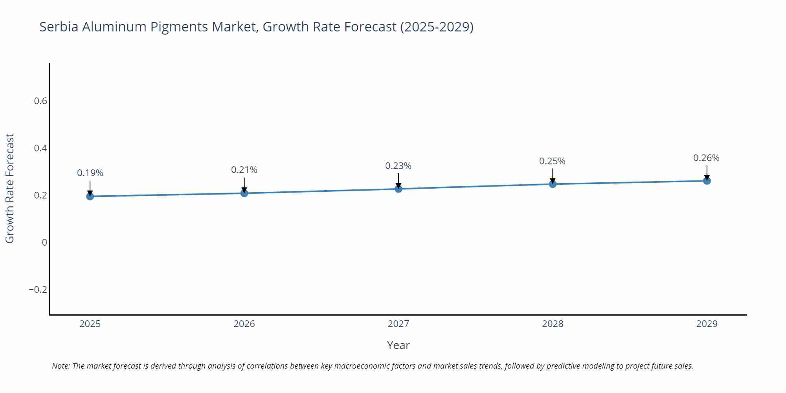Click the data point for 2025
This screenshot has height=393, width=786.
tap(90, 196)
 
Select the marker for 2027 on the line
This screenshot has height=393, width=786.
tap(399, 189)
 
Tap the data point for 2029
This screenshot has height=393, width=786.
tap(707, 181)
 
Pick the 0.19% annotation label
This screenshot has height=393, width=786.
tap(90, 173)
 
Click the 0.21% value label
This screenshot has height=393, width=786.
tap(244, 170)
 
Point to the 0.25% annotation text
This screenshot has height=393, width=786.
tap(552, 161)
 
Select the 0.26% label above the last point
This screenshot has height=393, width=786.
tap(706, 158)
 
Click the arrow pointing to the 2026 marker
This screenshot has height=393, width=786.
tap(244, 185)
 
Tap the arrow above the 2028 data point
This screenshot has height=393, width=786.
tap(553, 176)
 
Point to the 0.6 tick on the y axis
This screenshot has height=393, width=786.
tap(40, 101)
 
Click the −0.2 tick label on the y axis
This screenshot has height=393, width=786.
tap(38, 290)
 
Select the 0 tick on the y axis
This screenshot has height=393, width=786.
tap(44, 242)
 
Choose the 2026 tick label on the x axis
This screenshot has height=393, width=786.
tap(244, 324)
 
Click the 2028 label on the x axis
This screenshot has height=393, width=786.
tap(553, 324)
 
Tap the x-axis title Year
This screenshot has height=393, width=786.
tap(398, 345)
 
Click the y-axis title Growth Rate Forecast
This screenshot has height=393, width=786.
tap(10, 188)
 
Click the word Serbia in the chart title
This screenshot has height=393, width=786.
tap(59, 27)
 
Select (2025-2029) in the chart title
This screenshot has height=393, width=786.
tap(437, 27)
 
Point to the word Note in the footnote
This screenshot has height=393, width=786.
tap(61, 366)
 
